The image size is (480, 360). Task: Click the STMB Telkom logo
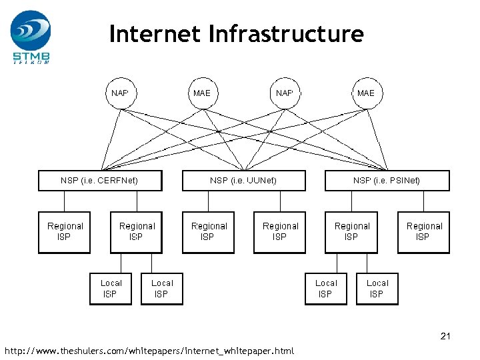[30, 37]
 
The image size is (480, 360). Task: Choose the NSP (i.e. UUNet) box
[243, 181]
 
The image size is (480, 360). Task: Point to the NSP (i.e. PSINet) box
[387, 181]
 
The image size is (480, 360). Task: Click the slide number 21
[445, 336]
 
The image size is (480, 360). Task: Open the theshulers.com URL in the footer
[149, 351]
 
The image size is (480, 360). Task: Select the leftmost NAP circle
[121, 93]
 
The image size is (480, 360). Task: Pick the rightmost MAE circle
[366, 93]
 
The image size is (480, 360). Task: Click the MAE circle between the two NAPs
[202, 93]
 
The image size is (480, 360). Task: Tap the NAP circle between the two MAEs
[285, 93]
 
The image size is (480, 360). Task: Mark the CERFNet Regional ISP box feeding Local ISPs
[137, 232]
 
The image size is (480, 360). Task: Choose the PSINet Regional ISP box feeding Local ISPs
[351, 232]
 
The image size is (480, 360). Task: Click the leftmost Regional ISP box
[65, 232]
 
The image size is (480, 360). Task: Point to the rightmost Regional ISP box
[423, 232]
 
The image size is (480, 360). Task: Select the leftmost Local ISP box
[111, 288]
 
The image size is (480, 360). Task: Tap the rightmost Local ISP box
[377, 288]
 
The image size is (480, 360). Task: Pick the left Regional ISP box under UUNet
[209, 232]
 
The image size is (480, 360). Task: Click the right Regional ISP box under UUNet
[280, 232]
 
